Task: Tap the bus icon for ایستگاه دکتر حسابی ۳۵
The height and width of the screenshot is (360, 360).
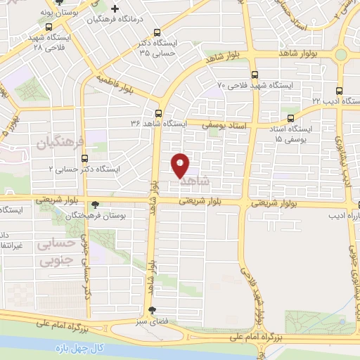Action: (157, 32)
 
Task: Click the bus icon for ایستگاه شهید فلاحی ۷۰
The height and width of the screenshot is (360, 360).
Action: (253, 75)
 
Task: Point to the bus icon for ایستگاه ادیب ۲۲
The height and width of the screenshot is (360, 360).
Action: (340, 91)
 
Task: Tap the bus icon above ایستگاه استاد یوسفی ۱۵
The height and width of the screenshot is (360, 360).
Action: (287, 119)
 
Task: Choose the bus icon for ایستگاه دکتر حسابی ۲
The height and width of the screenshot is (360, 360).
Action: (85, 159)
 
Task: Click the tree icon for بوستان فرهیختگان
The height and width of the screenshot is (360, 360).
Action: (95, 205)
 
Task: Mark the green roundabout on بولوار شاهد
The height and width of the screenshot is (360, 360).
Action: (341, 54)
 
